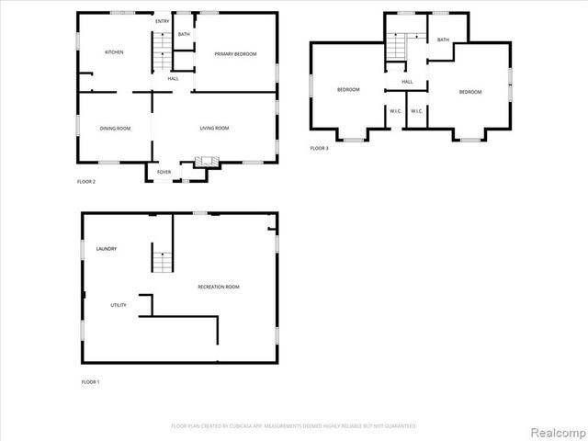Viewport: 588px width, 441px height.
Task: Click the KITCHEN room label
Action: point(114,52)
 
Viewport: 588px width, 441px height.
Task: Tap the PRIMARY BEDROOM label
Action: point(235,54)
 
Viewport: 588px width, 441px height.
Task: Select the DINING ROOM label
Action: point(115,128)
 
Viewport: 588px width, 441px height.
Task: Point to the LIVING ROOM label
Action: point(214,128)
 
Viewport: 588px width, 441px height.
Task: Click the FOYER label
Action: point(164,172)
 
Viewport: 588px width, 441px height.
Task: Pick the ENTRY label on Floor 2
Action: point(162,21)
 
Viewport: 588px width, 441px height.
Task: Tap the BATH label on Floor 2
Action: point(184,35)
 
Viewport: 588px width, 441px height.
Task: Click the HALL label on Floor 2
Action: point(173,78)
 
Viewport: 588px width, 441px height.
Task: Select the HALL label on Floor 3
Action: point(407,82)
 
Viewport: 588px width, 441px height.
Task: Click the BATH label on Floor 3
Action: point(443,40)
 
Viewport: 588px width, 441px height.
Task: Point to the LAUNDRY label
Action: point(106,249)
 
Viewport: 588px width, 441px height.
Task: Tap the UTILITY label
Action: point(119,305)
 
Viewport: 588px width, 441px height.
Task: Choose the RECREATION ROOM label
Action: point(219,288)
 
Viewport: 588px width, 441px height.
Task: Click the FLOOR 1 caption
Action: point(90,381)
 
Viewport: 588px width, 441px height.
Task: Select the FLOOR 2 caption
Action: point(85,181)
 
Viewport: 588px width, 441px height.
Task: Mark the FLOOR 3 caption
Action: point(319,148)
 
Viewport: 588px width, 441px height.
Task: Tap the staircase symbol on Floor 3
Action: point(397,46)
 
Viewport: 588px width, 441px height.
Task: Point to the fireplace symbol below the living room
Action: point(206,162)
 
